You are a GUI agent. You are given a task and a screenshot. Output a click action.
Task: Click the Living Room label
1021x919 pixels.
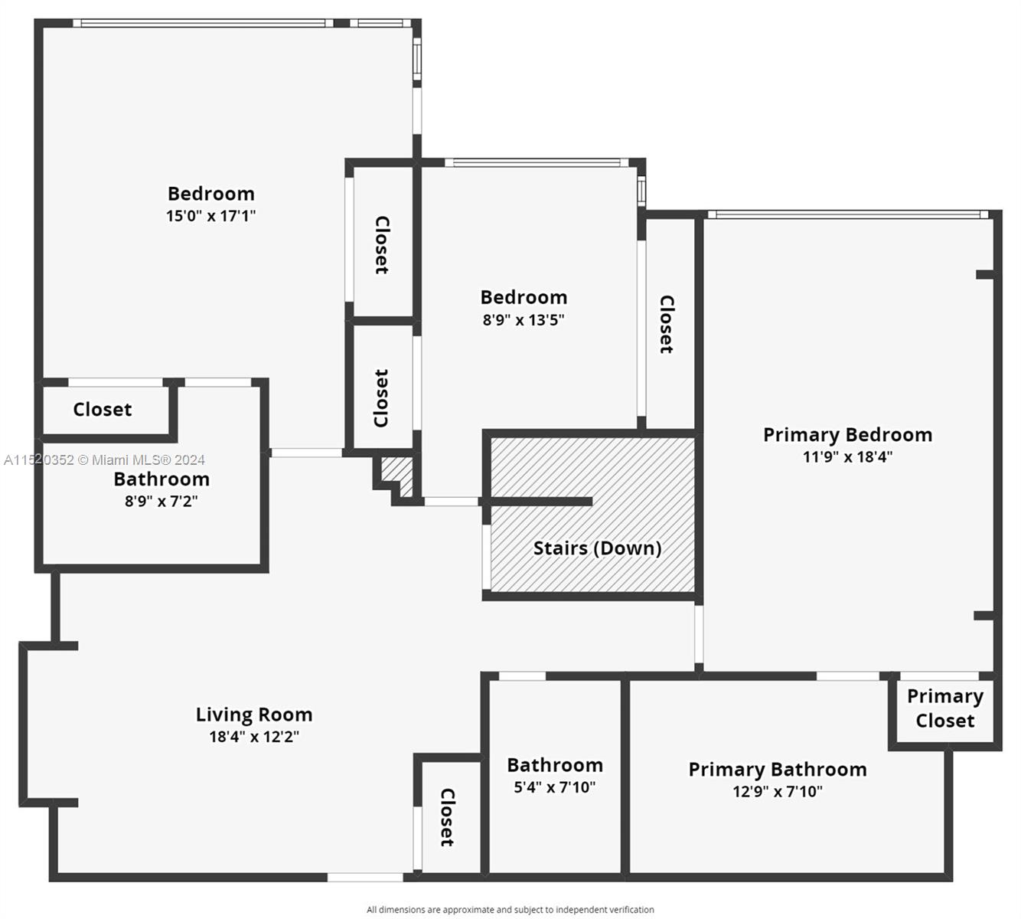(x=254, y=715)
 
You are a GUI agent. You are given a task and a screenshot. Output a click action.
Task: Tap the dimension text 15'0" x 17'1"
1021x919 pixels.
(x=210, y=216)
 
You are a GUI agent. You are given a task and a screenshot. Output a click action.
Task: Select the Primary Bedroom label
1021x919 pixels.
(x=847, y=435)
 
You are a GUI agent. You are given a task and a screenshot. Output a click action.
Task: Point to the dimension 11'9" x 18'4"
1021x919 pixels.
(x=847, y=457)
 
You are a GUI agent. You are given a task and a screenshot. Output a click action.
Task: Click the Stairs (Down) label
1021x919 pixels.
(x=597, y=548)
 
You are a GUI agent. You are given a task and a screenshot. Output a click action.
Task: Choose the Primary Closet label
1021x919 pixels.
(x=944, y=708)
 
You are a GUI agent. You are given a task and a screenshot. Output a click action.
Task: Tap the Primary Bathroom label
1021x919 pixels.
(x=778, y=770)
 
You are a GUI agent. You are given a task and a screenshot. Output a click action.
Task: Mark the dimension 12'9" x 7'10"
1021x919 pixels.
(x=778, y=792)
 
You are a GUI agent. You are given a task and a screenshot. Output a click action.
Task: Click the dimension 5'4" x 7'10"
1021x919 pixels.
(x=554, y=787)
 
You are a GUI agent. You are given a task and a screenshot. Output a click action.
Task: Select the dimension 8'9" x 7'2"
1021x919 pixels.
(x=161, y=502)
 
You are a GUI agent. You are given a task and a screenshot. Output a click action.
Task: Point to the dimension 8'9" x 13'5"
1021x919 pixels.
(x=524, y=320)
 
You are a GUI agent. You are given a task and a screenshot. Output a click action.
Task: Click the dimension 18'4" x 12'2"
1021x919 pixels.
(x=254, y=737)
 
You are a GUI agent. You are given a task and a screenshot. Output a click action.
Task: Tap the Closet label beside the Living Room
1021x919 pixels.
(x=448, y=818)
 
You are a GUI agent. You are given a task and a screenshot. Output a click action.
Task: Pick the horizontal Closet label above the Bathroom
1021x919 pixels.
(x=103, y=410)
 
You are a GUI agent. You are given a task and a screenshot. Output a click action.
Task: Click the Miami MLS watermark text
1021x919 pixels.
(x=104, y=460)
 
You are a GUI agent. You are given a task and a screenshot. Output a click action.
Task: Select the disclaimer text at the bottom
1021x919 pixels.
(x=510, y=910)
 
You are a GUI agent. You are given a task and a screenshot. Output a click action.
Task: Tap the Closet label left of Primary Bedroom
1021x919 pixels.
(x=667, y=324)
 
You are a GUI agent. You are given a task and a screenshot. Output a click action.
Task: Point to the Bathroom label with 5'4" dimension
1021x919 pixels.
(x=554, y=765)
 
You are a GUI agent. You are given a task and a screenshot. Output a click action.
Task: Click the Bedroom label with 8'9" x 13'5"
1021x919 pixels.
(x=524, y=297)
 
